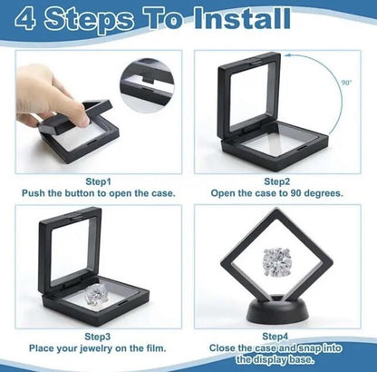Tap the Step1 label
pos(98,181)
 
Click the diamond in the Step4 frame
pos(278,262)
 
